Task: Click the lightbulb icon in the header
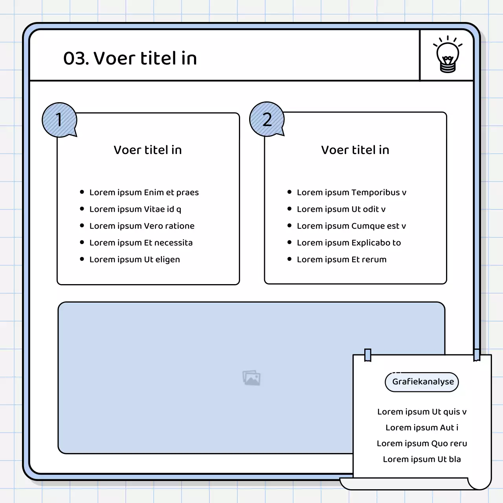[448, 55]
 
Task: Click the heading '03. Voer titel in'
[130, 58]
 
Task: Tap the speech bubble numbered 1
[59, 120]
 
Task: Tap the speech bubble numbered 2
[267, 119]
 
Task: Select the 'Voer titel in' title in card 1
[148, 150]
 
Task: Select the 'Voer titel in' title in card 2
[355, 150]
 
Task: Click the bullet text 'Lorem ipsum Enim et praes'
[144, 192]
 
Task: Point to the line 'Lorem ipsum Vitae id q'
[135, 209]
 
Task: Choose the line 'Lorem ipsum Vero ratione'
[142, 226]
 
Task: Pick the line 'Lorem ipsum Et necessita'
[141, 242]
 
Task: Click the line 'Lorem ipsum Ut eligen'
[134, 259]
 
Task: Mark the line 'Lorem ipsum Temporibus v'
[351, 192]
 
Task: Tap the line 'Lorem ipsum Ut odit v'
[341, 209]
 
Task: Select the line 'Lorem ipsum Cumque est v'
[351, 226]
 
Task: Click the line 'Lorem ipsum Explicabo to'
[349, 242]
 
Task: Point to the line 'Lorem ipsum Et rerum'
[341, 259]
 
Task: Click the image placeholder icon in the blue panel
[251, 378]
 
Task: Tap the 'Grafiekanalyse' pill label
[423, 382]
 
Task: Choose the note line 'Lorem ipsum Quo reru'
[422, 443]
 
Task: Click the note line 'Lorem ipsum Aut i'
[422, 428]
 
